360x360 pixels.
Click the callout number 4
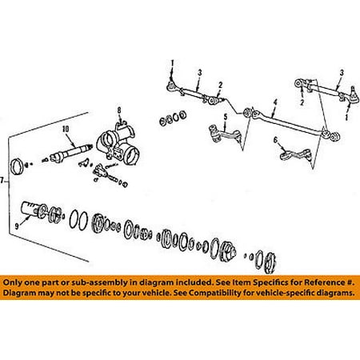pyautogui.click(x=275, y=102)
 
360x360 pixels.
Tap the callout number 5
pyautogui.click(x=226, y=117)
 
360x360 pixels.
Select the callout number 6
pyautogui.click(x=275, y=140)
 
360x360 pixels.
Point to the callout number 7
pyautogui.click(x=2, y=181)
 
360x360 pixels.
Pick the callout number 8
pyautogui.click(x=119, y=110)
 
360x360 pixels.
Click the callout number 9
pyautogui.click(x=17, y=226)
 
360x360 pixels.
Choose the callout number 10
pyautogui.click(x=66, y=129)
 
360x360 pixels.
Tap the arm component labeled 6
pyautogui.click(x=295, y=155)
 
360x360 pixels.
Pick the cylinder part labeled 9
pyautogui.click(x=30, y=210)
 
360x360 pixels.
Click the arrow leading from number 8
pyautogui.click(x=120, y=118)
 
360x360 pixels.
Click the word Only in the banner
pyautogui.click(x=13, y=282)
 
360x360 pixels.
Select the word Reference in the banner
pyautogui.click(x=324, y=282)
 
